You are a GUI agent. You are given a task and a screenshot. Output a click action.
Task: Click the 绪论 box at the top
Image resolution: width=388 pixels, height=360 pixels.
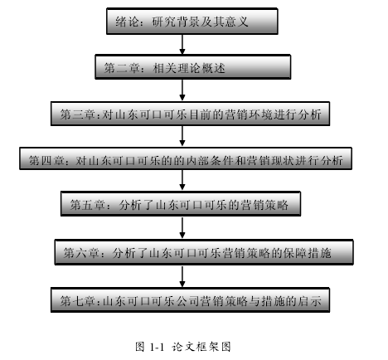pos(192,22)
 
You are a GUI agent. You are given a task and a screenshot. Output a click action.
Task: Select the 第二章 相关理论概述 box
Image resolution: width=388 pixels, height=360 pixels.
pos(193,67)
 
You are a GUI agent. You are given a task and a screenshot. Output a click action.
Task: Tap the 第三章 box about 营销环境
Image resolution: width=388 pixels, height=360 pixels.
pos(190,114)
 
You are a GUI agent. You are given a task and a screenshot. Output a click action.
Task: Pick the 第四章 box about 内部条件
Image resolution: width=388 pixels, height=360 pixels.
pos(186,158)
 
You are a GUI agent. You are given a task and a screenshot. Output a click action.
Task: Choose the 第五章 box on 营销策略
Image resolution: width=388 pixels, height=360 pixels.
pos(181,203)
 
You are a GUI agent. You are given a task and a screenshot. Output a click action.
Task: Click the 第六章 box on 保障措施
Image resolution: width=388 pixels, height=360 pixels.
pos(204,252)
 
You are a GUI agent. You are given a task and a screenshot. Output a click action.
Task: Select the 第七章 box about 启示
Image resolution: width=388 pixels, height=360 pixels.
pos(190,300)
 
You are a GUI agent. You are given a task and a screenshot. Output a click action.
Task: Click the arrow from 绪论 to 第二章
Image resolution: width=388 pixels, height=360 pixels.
pos(182,45)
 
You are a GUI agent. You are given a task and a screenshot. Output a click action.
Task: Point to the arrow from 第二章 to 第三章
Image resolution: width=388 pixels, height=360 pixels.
pos(182,90)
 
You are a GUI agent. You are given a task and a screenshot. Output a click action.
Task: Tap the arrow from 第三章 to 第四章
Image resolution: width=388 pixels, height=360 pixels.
pos(182,136)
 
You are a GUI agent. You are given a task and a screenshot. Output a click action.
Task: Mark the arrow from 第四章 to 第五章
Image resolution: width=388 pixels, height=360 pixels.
pos(182,180)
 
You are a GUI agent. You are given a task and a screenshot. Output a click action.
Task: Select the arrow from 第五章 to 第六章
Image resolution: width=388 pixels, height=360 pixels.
pos(182,228)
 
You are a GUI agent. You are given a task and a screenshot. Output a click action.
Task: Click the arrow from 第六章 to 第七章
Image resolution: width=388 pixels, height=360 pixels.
pos(182,277)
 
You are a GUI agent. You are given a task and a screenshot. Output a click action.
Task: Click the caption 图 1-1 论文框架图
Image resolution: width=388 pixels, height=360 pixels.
pos(183,347)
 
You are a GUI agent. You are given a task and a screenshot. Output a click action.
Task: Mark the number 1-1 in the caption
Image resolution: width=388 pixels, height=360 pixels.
pos(157,347)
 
